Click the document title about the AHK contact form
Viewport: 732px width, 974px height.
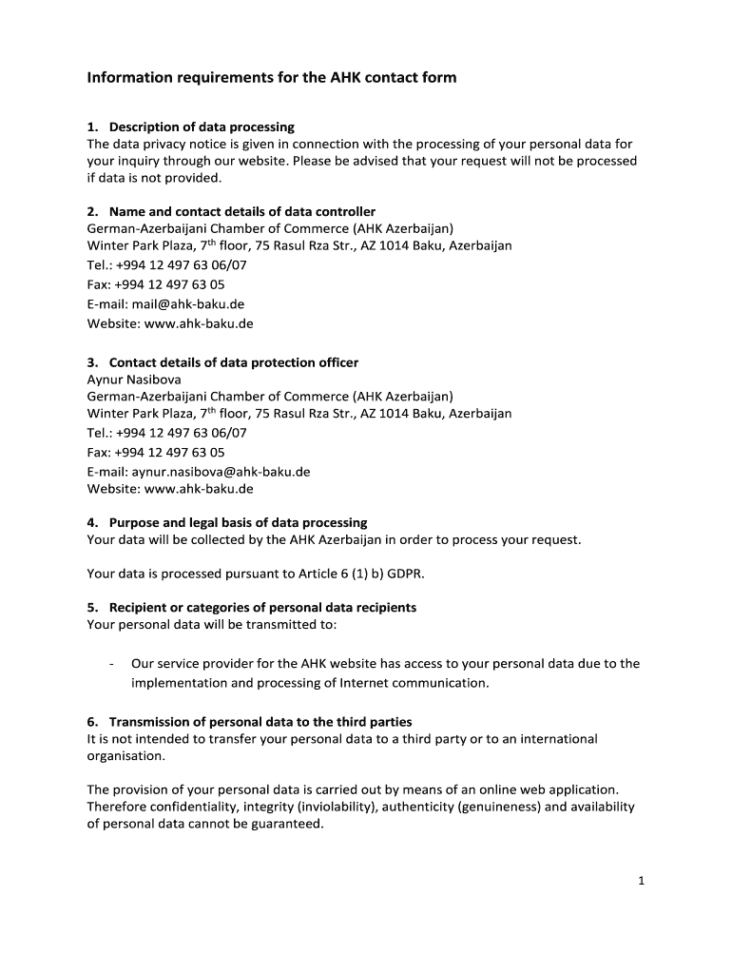tap(272, 77)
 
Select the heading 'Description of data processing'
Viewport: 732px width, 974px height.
tap(202, 127)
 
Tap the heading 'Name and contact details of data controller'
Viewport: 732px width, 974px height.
tap(241, 211)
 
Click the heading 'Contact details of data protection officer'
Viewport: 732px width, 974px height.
tap(233, 362)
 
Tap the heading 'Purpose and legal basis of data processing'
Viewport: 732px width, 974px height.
tap(238, 522)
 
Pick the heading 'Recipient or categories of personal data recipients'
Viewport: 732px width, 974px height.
tap(262, 607)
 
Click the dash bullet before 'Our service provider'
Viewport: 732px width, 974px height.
tap(113, 664)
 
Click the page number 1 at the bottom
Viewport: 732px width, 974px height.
tap(642, 881)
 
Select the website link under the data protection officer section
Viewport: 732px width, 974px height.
tap(198, 489)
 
